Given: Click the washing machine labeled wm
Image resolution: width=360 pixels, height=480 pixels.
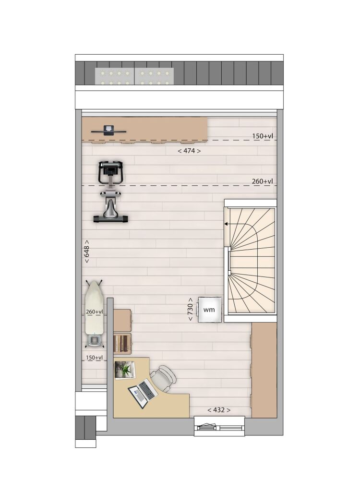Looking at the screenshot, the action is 209,309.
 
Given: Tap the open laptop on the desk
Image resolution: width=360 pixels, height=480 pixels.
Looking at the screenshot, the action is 143,393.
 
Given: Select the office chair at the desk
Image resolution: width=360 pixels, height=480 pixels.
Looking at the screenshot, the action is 164,378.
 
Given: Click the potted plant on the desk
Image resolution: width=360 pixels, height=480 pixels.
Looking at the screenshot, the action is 125,370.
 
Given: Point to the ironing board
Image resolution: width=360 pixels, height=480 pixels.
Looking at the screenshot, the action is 94,313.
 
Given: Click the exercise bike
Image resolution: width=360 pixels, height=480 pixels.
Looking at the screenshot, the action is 110,191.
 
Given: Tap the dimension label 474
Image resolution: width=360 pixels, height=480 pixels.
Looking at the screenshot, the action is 189,151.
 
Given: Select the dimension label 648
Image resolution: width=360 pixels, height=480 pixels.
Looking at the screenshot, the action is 86,251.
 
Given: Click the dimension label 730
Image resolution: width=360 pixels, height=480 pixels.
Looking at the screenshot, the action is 190,309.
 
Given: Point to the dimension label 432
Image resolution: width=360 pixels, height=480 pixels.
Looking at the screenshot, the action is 219,410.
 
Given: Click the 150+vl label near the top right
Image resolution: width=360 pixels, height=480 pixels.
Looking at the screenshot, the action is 263,136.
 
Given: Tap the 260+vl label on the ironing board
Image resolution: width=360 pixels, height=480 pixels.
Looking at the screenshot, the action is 94,312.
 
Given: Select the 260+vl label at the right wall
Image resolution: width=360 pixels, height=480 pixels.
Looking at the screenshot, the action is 263,181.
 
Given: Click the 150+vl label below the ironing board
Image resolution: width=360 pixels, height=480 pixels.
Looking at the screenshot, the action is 94,358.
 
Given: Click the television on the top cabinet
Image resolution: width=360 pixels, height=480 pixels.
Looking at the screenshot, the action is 108,131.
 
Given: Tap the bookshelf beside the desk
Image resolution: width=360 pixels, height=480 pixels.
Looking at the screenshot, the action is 122,344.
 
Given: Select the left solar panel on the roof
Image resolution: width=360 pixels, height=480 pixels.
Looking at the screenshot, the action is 114,76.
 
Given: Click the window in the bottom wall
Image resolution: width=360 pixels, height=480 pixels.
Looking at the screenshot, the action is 219,426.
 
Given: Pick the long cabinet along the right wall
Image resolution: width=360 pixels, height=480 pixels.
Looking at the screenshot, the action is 264,370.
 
